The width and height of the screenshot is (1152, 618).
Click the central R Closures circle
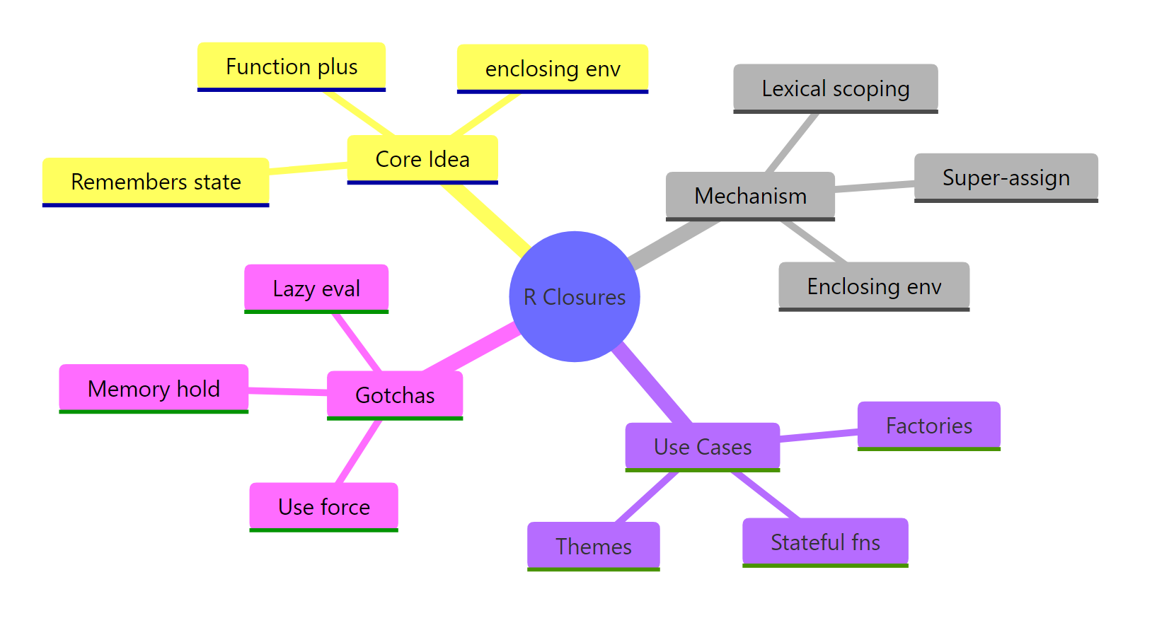click(575, 296)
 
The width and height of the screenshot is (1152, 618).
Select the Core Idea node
click(422, 159)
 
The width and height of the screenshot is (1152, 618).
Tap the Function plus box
click(292, 66)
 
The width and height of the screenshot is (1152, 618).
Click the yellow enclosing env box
click(553, 69)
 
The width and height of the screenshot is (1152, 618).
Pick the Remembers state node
click(156, 182)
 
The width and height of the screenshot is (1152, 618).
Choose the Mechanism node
click(750, 196)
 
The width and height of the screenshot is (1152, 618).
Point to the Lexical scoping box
click(836, 88)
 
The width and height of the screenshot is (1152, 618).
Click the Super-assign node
click(1006, 177)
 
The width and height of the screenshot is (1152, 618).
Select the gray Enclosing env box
click(874, 286)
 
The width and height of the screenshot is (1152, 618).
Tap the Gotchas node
click(395, 395)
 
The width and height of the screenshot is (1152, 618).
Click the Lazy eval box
click(316, 288)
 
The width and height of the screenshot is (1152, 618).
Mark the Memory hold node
click(154, 388)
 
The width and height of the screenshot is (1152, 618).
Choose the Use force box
click(324, 506)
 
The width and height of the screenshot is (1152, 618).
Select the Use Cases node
click(703, 447)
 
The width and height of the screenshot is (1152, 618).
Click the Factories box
click(928, 426)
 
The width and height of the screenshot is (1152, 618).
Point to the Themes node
click(593, 546)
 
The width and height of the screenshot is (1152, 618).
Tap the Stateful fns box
click(825, 542)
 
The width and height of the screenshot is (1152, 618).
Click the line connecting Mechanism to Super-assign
click(875, 186)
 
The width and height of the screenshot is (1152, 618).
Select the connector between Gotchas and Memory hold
click(287, 390)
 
